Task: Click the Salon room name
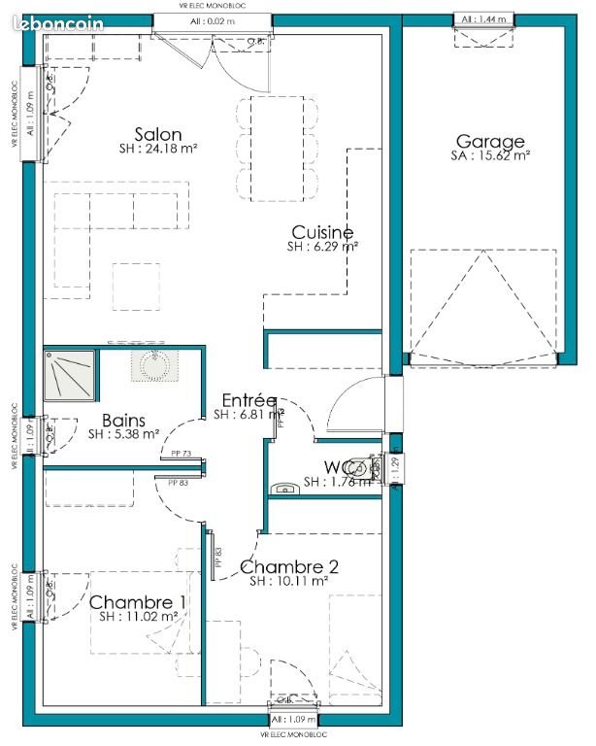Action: coord(159,134)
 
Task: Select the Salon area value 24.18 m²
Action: coord(159,150)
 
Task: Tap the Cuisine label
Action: coord(322,232)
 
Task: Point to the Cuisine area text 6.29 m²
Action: coord(322,248)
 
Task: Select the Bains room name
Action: coord(124,421)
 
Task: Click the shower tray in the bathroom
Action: coord(69,376)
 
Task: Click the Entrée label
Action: coord(248,400)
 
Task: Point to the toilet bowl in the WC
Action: coord(364,465)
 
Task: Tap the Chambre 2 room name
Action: coord(288,567)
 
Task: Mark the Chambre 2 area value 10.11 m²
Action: coord(288,582)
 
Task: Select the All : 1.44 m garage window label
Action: coord(483,19)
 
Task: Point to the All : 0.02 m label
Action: coord(209,19)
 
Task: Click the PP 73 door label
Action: coord(181,454)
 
